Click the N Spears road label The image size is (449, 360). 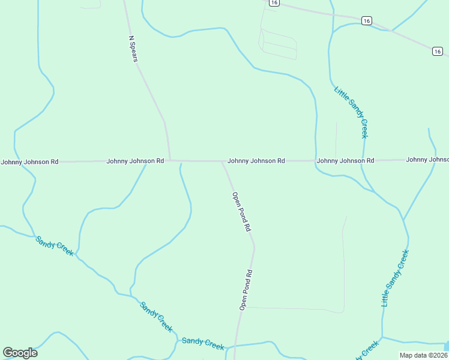(x=133, y=47)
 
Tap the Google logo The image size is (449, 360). (x=20, y=353)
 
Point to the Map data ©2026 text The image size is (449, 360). (x=424, y=355)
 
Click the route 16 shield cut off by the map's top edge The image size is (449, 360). (x=274, y=2)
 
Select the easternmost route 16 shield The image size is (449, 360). (x=438, y=52)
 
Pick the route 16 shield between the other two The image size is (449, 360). (x=367, y=21)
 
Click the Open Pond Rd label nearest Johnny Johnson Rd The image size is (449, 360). (x=241, y=212)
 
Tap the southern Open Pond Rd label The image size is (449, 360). (x=246, y=290)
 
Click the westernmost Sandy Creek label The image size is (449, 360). (x=55, y=246)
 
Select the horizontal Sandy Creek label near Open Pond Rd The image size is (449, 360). (x=203, y=343)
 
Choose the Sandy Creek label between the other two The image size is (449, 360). (x=156, y=317)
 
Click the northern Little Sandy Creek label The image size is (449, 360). (x=351, y=112)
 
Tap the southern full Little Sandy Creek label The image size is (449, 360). (x=395, y=278)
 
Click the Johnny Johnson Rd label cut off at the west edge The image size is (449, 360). (x=29, y=162)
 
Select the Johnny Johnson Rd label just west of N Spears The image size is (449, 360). (x=135, y=161)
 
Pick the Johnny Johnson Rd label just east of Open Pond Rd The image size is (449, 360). (x=256, y=161)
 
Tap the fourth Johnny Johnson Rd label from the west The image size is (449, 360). (x=345, y=161)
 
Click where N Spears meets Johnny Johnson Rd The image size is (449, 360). (x=170, y=161)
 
